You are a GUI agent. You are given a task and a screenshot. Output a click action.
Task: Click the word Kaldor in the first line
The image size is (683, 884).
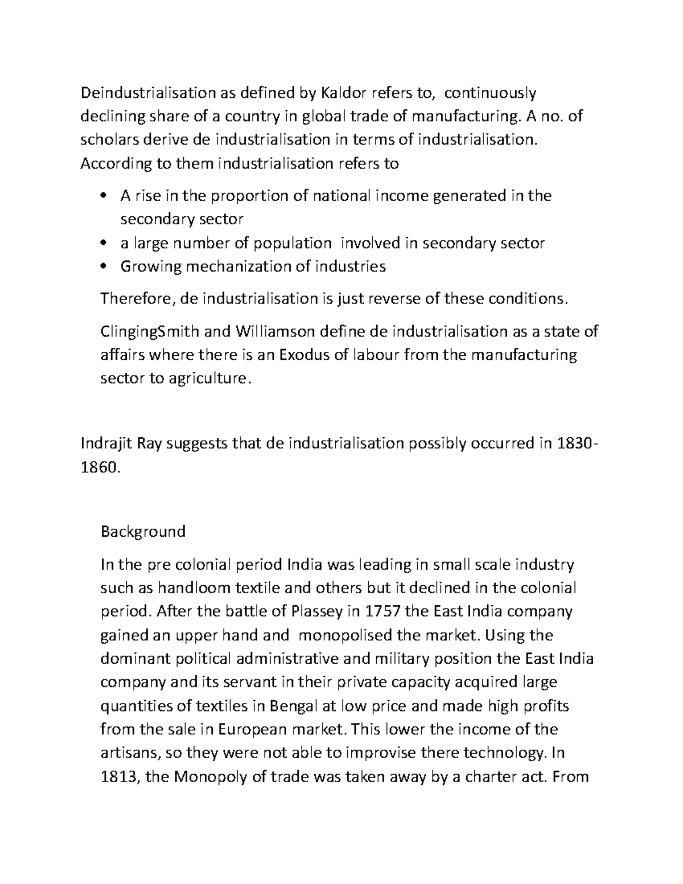click(x=345, y=92)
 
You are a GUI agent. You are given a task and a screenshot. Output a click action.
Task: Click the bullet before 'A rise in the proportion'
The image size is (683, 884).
click(x=103, y=196)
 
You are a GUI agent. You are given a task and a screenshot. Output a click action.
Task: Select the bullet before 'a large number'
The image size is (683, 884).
click(x=103, y=244)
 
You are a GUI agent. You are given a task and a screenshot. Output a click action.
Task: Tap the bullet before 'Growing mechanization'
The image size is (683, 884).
click(x=103, y=266)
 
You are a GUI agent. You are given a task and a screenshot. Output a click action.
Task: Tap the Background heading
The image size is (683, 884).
click(x=143, y=532)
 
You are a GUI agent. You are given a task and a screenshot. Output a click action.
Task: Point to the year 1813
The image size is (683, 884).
click(x=118, y=778)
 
